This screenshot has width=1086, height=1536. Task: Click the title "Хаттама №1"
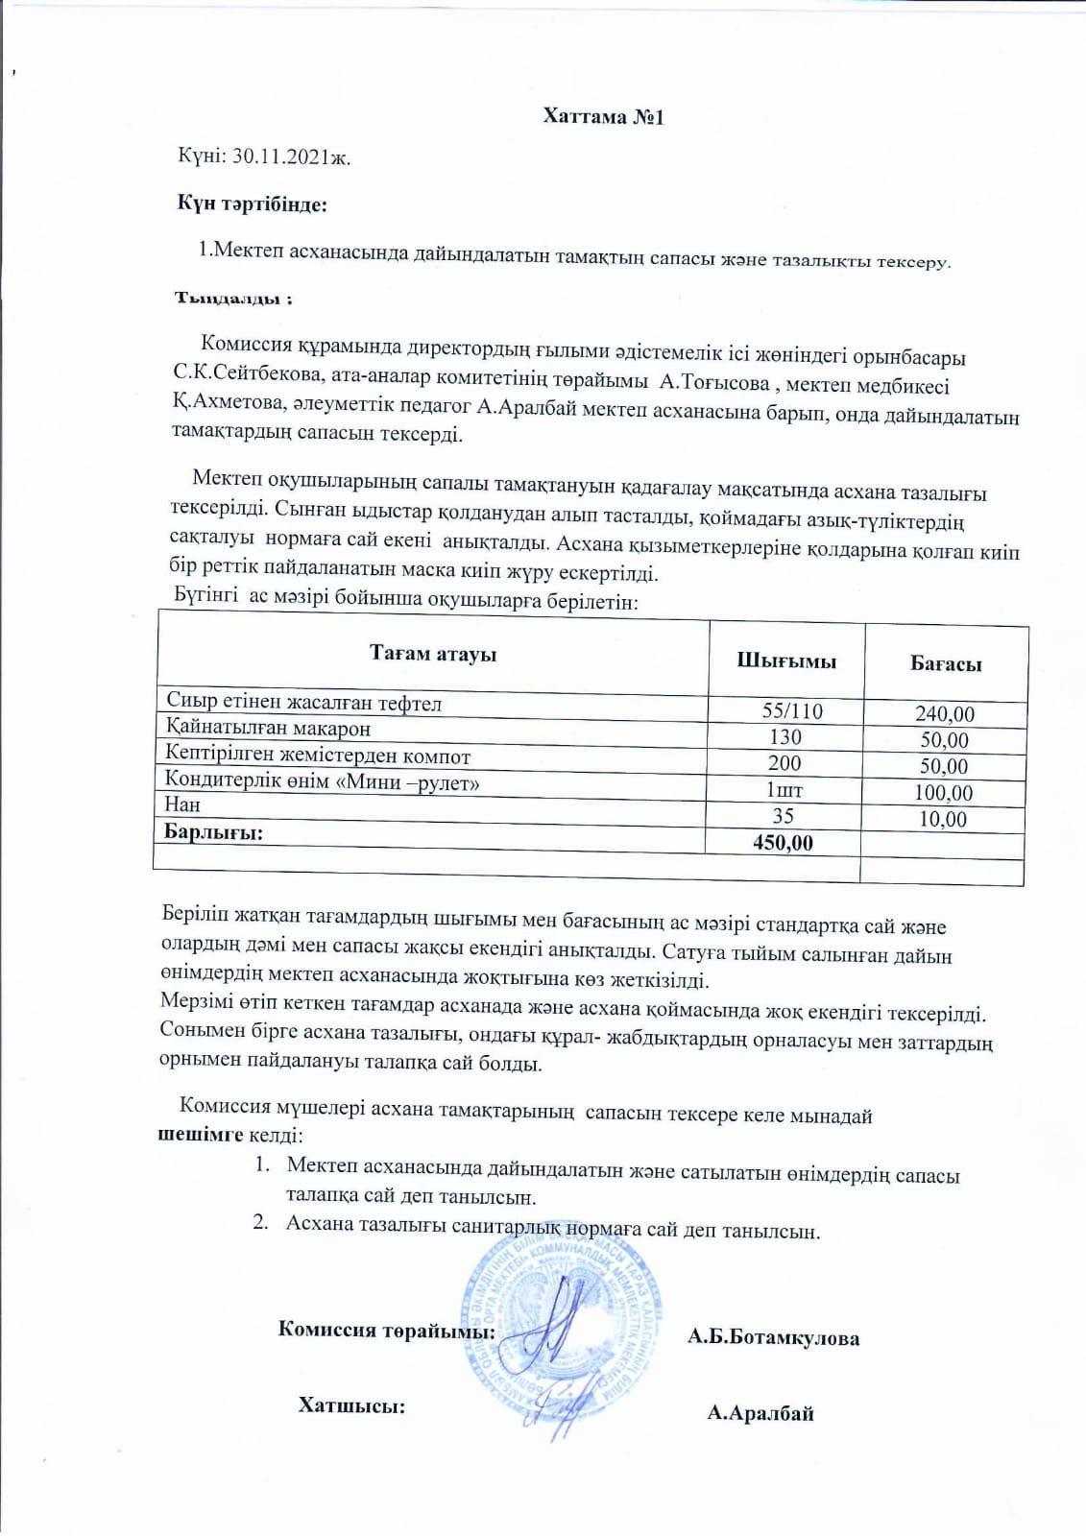pos(603,117)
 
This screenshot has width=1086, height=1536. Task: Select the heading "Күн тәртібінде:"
pos(252,204)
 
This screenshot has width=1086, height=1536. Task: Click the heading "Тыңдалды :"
pos(232,299)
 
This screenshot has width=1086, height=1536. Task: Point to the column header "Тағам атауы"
pos(433,655)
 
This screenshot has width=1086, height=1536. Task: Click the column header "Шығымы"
pos(785,660)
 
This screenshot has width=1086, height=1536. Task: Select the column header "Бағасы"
pos(945,663)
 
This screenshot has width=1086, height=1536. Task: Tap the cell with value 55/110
pos(791,711)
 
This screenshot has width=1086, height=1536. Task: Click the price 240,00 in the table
pos(944,714)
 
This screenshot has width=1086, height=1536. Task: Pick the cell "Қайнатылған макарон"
pos(268,728)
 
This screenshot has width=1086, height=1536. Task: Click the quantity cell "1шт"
pos(784,790)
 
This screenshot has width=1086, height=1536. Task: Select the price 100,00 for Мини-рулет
pos(942,793)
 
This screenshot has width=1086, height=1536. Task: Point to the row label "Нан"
pos(182,804)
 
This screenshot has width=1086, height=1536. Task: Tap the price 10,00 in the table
pos(942,819)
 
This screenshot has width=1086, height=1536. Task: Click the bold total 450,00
pos(782,843)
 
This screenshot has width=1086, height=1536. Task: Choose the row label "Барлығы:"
pos(213,831)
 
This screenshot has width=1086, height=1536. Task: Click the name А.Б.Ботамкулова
pos(773,1338)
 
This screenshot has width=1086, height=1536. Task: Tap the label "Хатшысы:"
pos(351,1405)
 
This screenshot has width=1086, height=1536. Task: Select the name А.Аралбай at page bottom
pos(760,1412)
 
